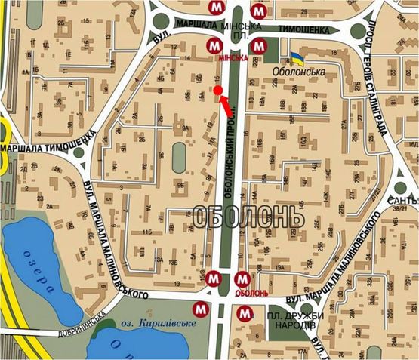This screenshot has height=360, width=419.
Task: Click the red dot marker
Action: pyautogui.click(x=217, y=91)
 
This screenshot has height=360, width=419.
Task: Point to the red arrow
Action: pyautogui.click(x=226, y=106)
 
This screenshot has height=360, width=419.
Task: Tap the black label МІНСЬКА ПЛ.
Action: pyautogui.click(x=240, y=29)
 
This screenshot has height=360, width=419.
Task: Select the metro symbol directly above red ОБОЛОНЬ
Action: pyautogui.click(x=243, y=280)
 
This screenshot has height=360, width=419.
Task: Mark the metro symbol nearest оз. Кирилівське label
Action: pyautogui.click(x=199, y=309)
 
